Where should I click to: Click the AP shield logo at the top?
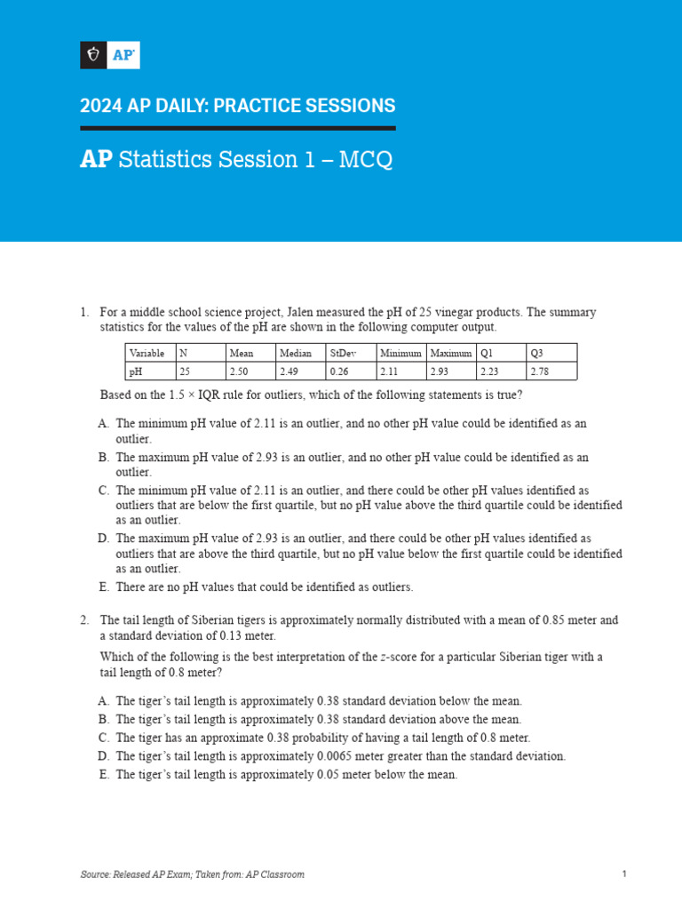click(x=110, y=55)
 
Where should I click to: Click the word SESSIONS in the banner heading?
click(x=343, y=106)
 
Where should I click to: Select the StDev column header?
click(x=342, y=353)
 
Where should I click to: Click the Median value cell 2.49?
click(x=289, y=371)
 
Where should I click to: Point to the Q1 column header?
click(x=486, y=353)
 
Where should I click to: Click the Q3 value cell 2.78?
click(x=539, y=371)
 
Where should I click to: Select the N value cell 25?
click(x=185, y=371)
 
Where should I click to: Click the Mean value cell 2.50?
click(x=239, y=371)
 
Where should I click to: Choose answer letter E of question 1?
click(x=103, y=587)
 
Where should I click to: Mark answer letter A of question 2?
click(x=103, y=700)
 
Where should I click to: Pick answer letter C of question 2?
click(x=103, y=738)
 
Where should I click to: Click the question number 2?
click(x=84, y=620)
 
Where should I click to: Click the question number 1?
click(x=84, y=312)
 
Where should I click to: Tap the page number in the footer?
click(x=624, y=874)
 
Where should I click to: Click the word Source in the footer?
click(x=94, y=874)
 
